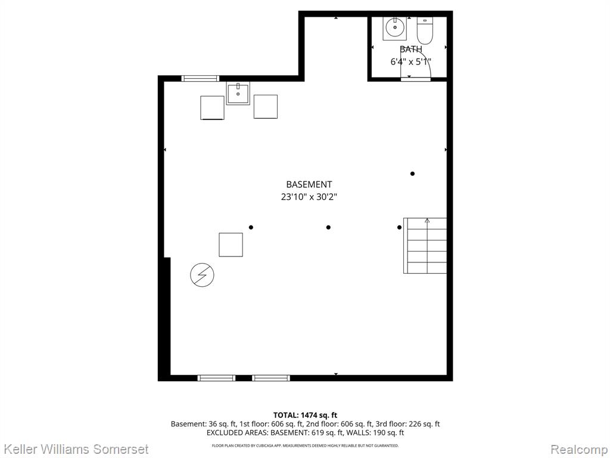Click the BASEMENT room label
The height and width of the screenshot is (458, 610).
(309, 185)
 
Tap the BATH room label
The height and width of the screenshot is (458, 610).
(411, 49)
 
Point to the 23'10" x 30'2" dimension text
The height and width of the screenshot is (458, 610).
(309, 197)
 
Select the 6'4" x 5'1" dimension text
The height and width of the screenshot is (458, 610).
(411, 61)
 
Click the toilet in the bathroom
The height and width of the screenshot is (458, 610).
(425, 30)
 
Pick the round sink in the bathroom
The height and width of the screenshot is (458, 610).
(395, 27)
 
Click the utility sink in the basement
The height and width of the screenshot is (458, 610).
(238, 93)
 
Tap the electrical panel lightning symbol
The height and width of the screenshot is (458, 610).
(202, 275)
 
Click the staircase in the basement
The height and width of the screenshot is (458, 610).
(425, 246)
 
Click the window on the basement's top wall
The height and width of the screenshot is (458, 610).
(200, 78)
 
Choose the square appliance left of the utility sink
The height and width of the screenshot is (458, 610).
(212, 107)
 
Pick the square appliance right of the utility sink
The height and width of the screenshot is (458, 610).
(265, 106)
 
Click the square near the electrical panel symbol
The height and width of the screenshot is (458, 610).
(231, 245)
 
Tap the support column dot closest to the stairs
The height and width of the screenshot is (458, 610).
(399, 227)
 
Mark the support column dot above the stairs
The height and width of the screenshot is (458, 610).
(412, 174)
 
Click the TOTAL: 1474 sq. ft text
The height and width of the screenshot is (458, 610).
(305, 415)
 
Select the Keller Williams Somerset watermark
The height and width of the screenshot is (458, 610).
(74, 448)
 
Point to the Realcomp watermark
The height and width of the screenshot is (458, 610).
(579, 449)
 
